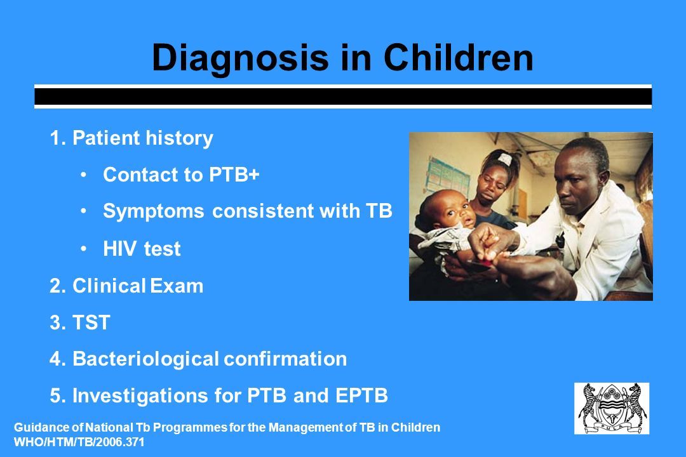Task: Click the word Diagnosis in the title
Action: (240, 59)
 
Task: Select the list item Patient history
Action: (131, 138)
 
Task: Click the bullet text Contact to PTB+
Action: (181, 175)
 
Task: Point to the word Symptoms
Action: (154, 211)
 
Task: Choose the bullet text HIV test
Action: (142, 248)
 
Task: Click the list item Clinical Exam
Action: (126, 286)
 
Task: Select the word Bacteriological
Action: (145, 359)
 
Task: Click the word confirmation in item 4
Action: (285, 359)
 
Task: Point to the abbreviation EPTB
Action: (361, 395)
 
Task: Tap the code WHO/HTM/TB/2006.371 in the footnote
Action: (79, 442)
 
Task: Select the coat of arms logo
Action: (612, 409)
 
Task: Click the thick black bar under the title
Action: (343, 96)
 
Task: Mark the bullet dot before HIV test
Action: (84, 249)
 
